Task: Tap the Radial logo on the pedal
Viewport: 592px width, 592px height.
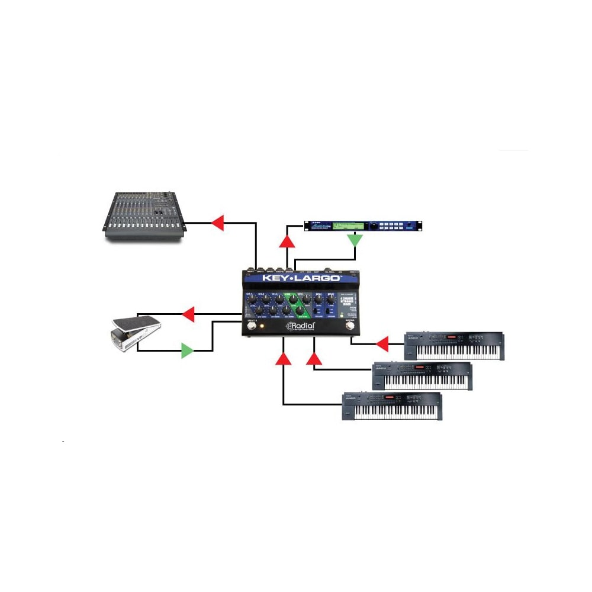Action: point(301,326)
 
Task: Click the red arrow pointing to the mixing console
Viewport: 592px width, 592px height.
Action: point(217,223)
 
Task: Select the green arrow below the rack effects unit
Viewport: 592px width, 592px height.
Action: point(355,240)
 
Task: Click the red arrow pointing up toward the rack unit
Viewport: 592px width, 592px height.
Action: point(287,240)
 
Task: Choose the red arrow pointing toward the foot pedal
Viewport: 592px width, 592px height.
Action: point(188,314)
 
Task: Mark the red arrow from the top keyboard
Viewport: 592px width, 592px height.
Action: point(382,343)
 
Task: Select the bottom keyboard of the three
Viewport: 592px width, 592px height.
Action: point(392,406)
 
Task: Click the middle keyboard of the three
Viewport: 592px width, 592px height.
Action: point(422,377)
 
